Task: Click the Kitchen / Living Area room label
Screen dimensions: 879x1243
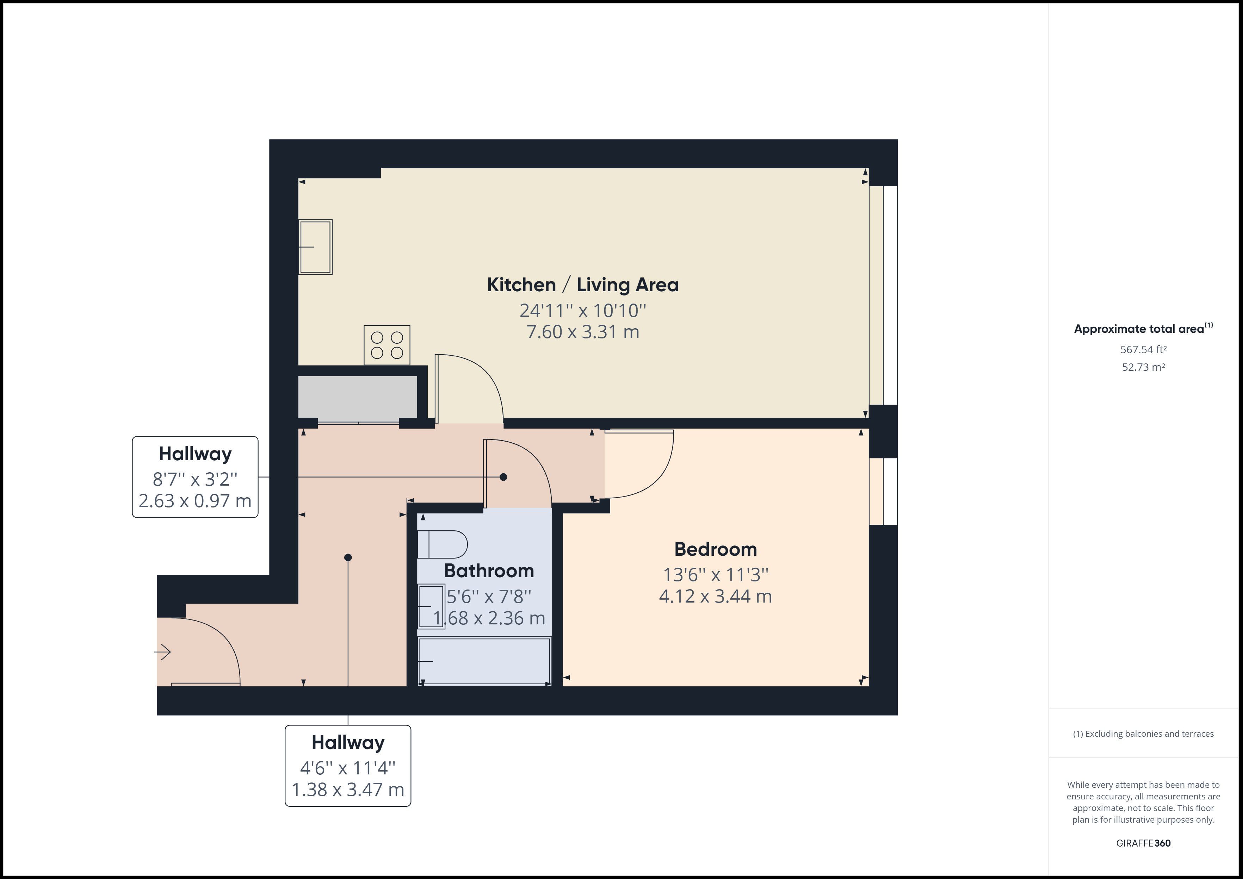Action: tap(582, 285)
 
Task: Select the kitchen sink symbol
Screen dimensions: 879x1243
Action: tap(315, 247)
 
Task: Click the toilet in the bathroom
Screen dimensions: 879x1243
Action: tap(442, 544)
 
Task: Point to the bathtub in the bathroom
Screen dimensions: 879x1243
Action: tap(484, 661)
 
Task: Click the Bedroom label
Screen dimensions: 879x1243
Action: tap(715, 549)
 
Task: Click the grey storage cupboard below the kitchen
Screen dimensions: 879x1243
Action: tap(357, 397)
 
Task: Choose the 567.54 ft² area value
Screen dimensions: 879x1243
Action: tap(1143, 350)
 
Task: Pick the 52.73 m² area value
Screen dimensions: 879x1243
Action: tap(1143, 367)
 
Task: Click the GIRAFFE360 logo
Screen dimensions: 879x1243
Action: tap(1143, 843)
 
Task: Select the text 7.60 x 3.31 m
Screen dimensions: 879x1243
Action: tap(582, 332)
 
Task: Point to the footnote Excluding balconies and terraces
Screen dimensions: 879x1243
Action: tap(1143, 734)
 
